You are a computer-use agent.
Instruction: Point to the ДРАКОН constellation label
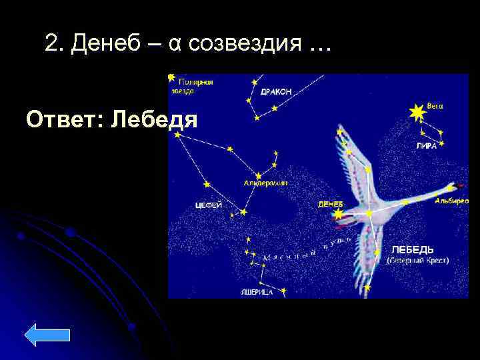[x=275, y=91]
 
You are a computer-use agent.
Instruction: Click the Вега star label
[x=435, y=105]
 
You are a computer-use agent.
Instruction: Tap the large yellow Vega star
[x=417, y=113]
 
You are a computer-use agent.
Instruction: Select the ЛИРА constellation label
[x=426, y=146]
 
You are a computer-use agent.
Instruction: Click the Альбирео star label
[x=451, y=201]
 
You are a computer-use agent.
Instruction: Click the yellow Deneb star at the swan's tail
[x=339, y=214]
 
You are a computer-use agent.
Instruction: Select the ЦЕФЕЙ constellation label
[x=209, y=205]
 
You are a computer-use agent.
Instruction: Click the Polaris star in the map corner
[x=172, y=77]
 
